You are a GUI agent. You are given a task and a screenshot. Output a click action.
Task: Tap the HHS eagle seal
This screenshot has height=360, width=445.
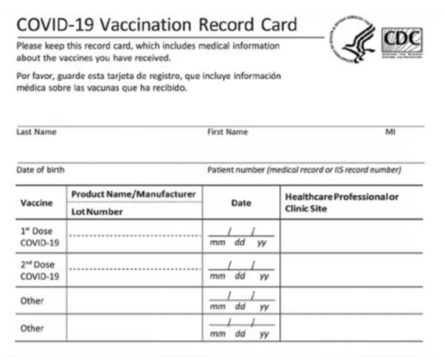click(354, 38)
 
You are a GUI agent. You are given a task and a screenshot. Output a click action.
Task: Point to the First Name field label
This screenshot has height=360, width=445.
click(227, 132)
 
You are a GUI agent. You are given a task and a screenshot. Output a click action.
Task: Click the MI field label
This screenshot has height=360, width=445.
click(390, 132)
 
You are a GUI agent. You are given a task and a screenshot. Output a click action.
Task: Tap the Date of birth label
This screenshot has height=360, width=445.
click(40, 170)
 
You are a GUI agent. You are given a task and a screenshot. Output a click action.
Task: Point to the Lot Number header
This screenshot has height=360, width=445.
click(97, 212)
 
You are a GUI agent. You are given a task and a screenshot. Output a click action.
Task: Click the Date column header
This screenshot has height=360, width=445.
click(241, 202)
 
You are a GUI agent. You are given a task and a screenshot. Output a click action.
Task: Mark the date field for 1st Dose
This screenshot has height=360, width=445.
click(241, 237)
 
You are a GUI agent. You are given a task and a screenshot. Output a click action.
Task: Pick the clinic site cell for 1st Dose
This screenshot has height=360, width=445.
click(353, 236)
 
